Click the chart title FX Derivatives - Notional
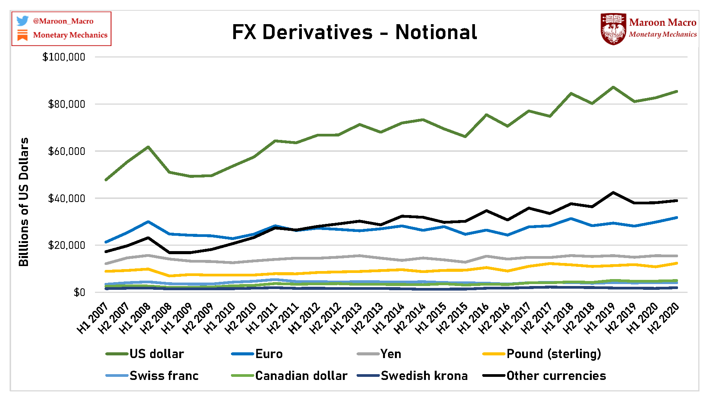pos(354,32)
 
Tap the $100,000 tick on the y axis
pos(64,57)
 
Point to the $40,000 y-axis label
pos(66,199)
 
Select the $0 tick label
pos(79,293)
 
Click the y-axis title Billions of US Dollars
pos(24,202)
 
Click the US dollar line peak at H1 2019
pos(613,87)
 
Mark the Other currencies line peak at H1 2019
pos(613,192)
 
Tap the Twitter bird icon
pos(23,21)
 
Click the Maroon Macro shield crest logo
pos(613,29)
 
